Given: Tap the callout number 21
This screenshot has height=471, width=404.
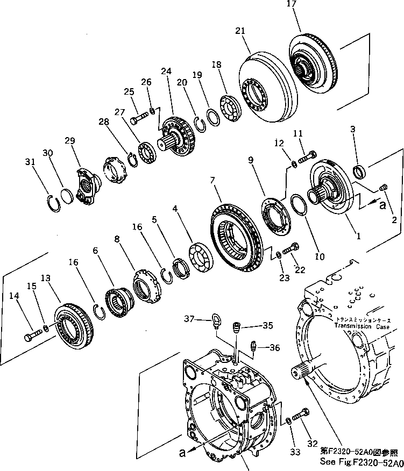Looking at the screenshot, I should click(240, 32).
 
